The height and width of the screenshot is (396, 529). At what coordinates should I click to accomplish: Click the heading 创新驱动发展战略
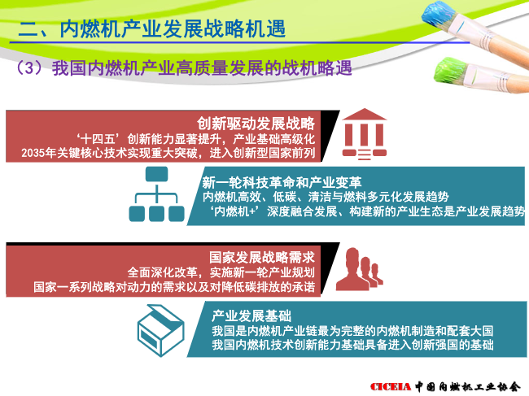256,124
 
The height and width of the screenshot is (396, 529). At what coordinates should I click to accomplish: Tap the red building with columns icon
365,134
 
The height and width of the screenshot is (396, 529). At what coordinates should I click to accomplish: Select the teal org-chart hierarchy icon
156,194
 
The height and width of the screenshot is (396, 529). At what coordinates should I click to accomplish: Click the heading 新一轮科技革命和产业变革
282,182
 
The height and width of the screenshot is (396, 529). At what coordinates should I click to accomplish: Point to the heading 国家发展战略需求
262,257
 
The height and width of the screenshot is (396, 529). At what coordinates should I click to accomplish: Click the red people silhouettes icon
360,269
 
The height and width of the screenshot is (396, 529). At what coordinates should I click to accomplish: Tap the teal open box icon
161,330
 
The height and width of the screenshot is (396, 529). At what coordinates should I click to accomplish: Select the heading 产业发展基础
251,315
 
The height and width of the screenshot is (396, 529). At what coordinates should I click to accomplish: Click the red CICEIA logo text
391,386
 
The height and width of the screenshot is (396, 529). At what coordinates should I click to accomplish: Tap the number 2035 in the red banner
33,153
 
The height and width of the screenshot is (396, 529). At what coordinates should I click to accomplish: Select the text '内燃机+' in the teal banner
235,211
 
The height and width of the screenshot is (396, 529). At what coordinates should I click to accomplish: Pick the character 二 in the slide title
28,29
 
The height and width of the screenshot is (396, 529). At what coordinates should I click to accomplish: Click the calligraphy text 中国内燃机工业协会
468,386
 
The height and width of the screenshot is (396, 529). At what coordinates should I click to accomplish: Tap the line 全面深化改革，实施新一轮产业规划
221,272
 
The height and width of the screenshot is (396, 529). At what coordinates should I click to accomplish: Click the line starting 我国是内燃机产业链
352,331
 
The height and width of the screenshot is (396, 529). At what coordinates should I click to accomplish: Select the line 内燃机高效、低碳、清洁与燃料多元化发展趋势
326,197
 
